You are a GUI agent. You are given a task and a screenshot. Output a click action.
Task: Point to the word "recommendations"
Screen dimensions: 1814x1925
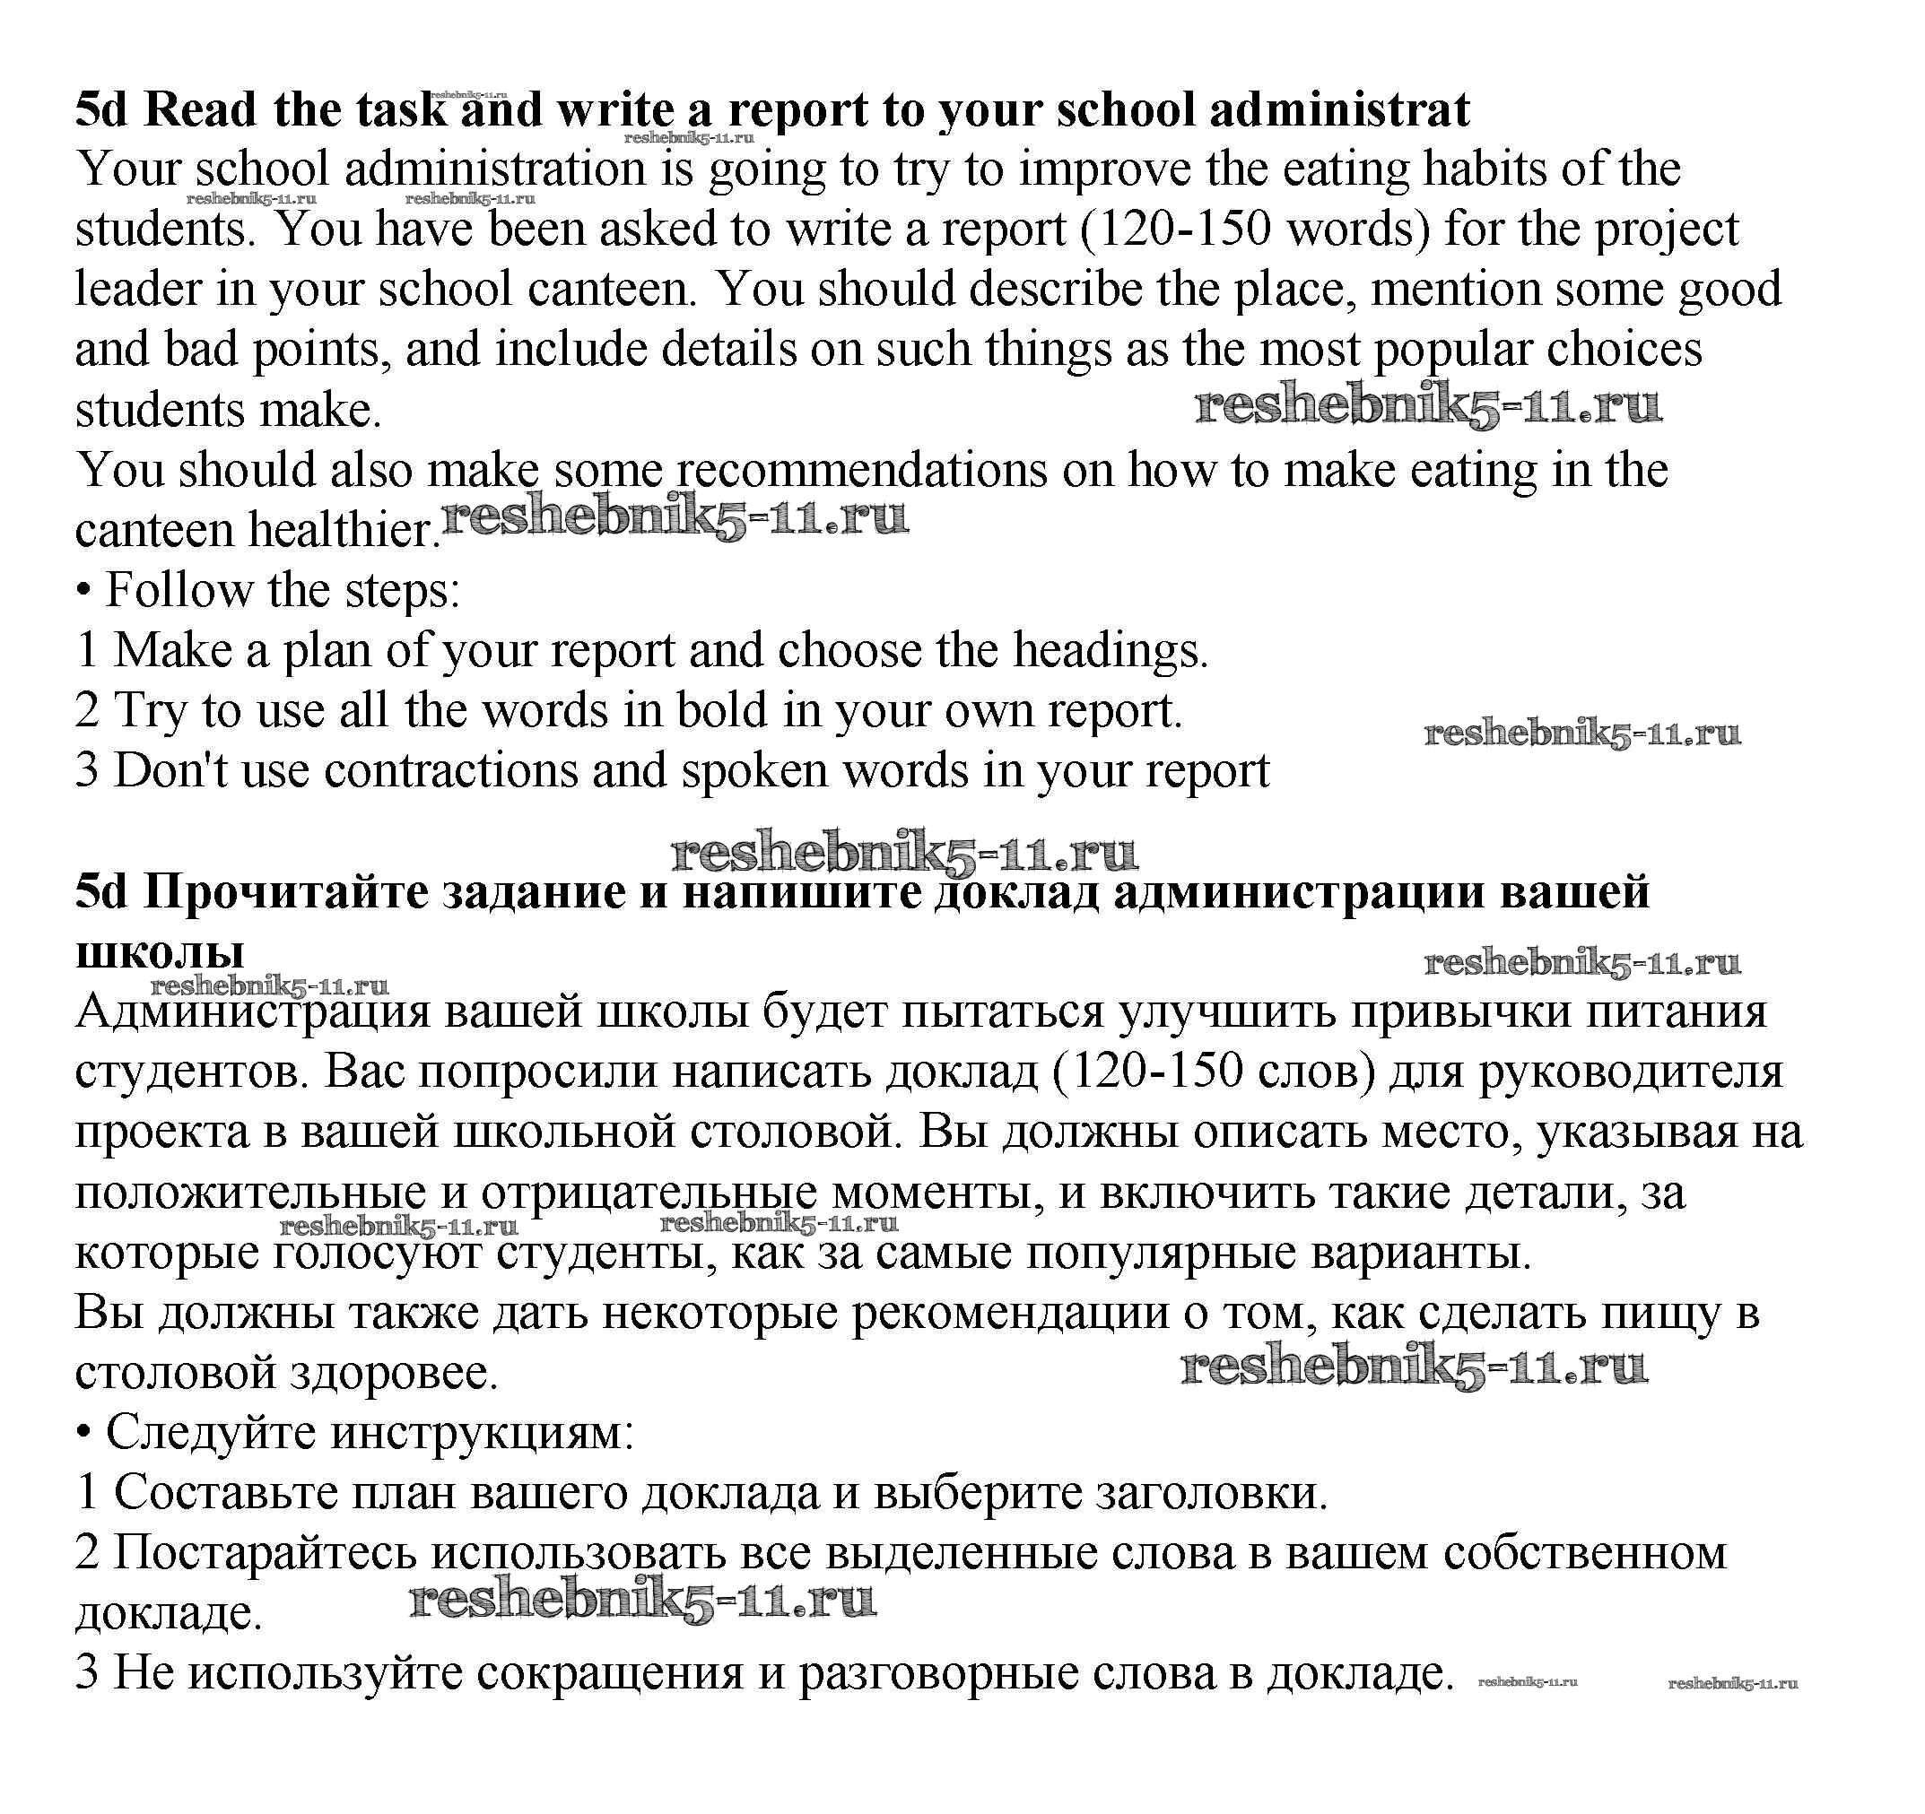(x=861, y=471)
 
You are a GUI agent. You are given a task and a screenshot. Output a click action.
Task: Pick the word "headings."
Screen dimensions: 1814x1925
(x=1111, y=650)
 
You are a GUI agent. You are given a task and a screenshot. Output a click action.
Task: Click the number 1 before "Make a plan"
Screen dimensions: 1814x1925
(x=87, y=650)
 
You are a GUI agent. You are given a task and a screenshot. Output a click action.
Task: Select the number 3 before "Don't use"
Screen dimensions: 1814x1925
(x=87, y=770)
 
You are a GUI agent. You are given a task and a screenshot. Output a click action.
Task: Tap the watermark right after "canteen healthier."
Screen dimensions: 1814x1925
(x=675, y=520)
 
